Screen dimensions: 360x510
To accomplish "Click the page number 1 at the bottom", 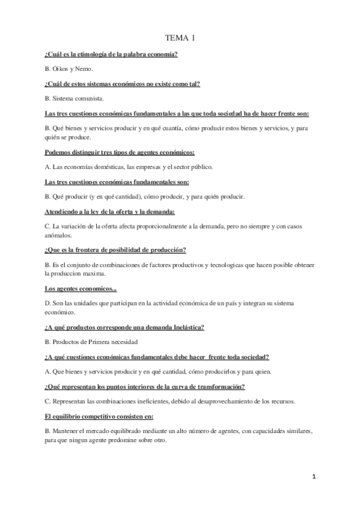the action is [x=314, y=476].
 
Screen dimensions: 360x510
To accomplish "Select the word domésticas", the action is [x=112, y=167].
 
